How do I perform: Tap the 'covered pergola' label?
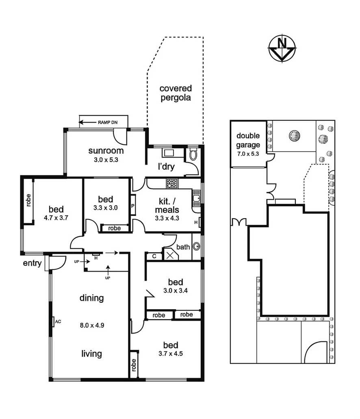pyautogui.click(x=175, y=93)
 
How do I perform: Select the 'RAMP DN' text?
pyautogui.click(x=107, y=122)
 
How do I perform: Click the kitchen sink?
pyautogui.click(x=197, y=199)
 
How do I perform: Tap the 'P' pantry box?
pyautogui.click(x=132, y=206)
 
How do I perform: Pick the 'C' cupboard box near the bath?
pyautogui.click(x=154, y=256)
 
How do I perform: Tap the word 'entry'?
pyautogui.click(x=32, y=263)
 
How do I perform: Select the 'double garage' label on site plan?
pyautogui.click(x=248, y=140)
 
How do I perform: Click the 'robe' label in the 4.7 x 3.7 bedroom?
pyautogui.click(x=28, y=201)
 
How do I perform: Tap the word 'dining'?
pyautogui.click(x=91, y=298)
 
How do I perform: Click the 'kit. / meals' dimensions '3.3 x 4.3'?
pyautogui.click(x=167, y=218)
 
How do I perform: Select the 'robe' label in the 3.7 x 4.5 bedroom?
pyautogui.click(x=133, y=366)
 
